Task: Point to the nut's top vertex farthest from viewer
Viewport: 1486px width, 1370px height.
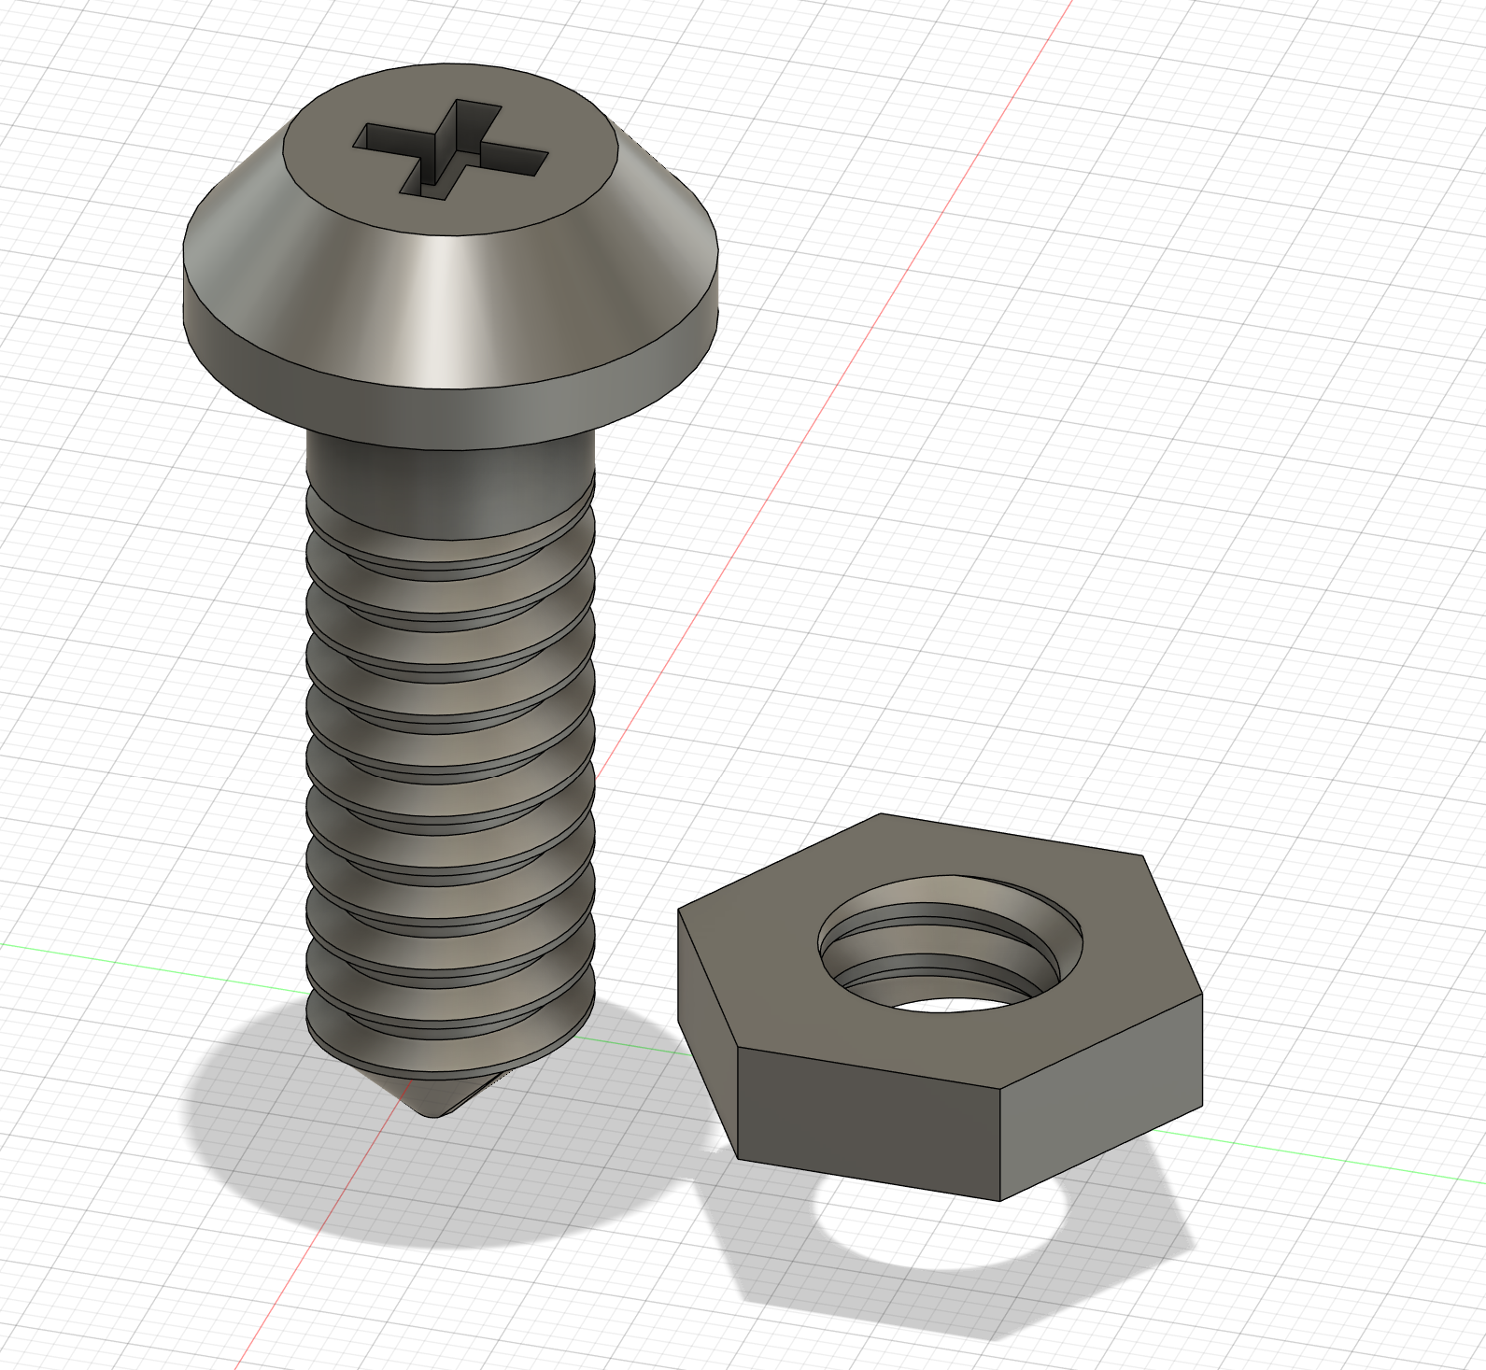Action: tap(881, 814)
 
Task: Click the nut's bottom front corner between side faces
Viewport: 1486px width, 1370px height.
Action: tap(1000, 1198)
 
